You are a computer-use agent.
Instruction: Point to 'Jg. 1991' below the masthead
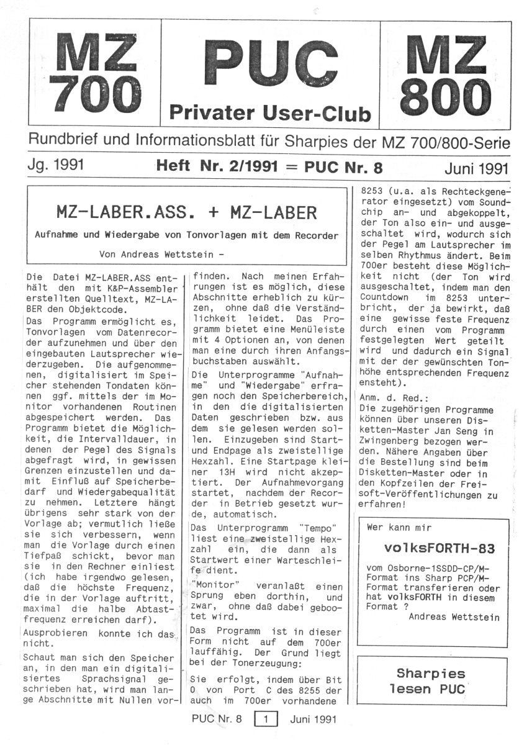point(56,167)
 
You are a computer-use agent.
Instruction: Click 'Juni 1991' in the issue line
point(477,168)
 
